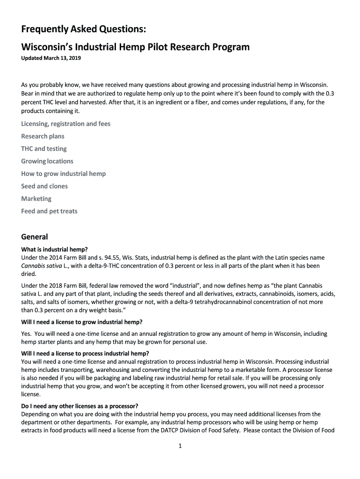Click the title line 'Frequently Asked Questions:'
click(84, 30)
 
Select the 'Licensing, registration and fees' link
click(66, 124)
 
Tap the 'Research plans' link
click(43, 137)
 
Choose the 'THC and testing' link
click(44, 149)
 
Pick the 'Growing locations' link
click(47, 161)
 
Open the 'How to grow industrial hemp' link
click(64, 174)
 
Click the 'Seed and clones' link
click(44, 186)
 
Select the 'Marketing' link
click(36, 199)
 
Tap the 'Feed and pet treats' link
click(49, 211)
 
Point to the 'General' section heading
click(35, 237)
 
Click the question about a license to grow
click(82, 322)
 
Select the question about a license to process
click(85, 353)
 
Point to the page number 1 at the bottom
click(180, 446)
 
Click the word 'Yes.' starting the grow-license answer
click(26, 334)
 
